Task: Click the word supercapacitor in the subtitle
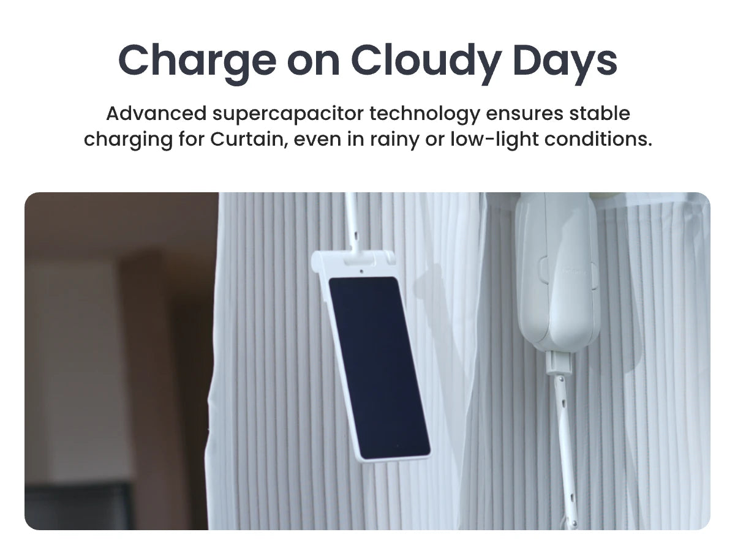tap(288, 114)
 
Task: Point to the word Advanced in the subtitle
tap(156, 113)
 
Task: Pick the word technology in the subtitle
tap(425, 114)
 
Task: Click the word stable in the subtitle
tap(600, 113)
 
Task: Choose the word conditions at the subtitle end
tap(598, 139)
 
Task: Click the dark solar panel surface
tap(380, 367)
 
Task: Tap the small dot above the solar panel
tap(361, 271)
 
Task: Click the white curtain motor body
tap(557, 271)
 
